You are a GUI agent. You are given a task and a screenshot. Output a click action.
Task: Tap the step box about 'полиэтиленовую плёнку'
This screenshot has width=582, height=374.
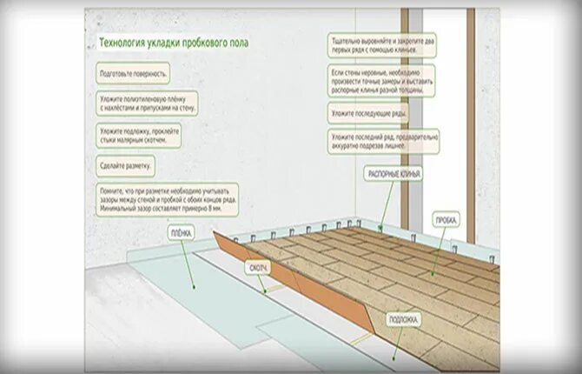pyautogui.click(x=147, y=104)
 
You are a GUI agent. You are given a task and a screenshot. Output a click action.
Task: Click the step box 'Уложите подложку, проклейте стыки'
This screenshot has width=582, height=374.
pyautogui.click(x=140, y=135)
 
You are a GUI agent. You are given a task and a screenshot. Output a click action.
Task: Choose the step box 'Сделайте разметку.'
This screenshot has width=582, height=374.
pyautogui.click(x=127, y=164)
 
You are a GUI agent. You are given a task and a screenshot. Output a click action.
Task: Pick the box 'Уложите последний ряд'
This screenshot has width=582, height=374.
pyautogui.click(x=382, y=143)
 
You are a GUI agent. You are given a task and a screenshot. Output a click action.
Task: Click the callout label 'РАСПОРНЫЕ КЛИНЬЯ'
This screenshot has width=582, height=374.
pyautogui.click(x=394, y=175)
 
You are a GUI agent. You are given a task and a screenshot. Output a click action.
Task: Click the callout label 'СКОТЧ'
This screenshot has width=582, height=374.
pyautogui.click(x=257, y=268)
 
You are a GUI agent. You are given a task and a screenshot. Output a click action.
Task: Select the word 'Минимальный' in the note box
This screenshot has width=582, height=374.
pyautogui.click(x=118, y=209)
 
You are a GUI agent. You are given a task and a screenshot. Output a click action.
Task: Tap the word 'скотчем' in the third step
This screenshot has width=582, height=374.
pyautogui.click(x=169, y=140)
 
